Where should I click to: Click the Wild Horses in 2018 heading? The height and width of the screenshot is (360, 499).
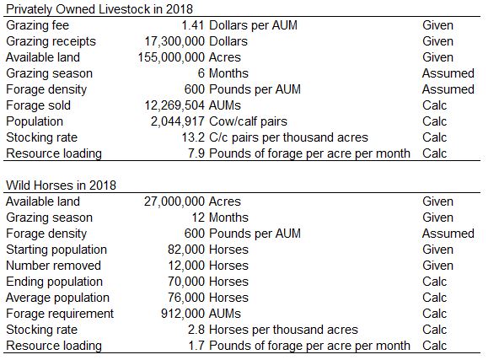61,185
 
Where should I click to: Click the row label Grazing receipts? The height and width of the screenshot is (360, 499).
51,41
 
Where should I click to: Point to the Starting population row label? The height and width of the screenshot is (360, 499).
56,250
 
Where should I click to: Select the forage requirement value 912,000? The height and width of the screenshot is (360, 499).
183,314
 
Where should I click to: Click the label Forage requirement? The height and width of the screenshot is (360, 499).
60,314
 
